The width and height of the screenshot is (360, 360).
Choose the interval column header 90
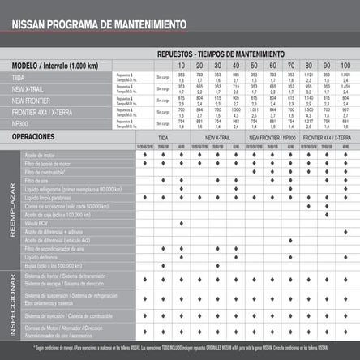[328, 65]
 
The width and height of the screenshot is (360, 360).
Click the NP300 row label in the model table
[25, 126]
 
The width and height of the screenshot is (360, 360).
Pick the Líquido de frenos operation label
[48, 257]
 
